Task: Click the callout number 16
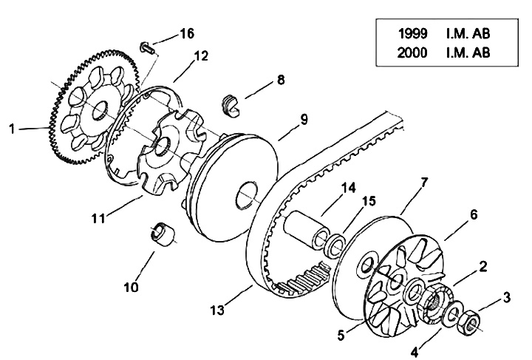(187, 33)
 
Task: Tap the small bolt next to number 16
(147, 47)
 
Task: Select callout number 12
(201, 55)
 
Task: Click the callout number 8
(281, 80)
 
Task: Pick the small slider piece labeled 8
(231, 106)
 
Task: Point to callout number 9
(304, 120)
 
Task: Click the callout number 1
(12, 129)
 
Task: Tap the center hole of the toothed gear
(100, 110)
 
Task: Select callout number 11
(98, 218)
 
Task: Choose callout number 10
(132, 287)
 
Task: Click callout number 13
(217, 310)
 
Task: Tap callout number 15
(369, 201)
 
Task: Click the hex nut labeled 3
(468, 322)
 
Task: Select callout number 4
(415, 353)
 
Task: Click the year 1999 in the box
(413, 33)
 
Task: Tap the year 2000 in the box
(412, 52)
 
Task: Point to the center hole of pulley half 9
(247, 196)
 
